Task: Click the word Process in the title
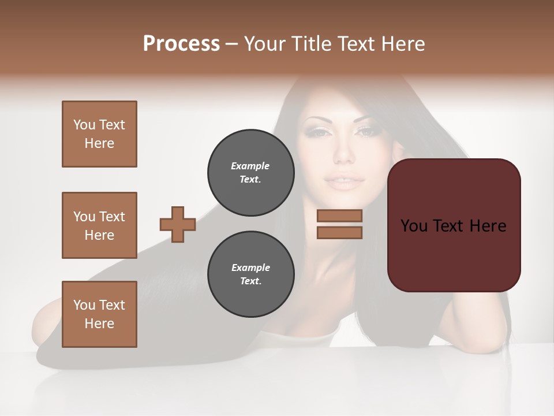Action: click(x=181, y=44)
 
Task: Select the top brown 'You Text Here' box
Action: click(x=99, y=134)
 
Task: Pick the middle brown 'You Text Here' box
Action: click(x=99, y=225)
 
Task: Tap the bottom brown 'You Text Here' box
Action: click(x=99, y=314)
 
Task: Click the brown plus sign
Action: click(x=178, y=224)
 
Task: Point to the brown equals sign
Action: click(x=339, y=224)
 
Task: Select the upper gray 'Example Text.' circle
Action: click(x=250, y=173)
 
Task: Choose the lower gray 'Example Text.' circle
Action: click(x=250, y=274)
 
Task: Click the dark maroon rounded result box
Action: click(x=454, y=225)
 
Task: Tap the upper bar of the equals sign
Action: click(x=339, y=216)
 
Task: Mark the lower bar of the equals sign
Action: click(x=339, y=232)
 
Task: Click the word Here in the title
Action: click(x=404, y=44)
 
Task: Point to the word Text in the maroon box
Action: click(x=450, y=226)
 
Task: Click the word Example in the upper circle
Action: click(x=250, y=166)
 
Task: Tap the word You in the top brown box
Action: click(x=84, y=125)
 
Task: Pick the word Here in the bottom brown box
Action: click(x=99, y=324)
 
